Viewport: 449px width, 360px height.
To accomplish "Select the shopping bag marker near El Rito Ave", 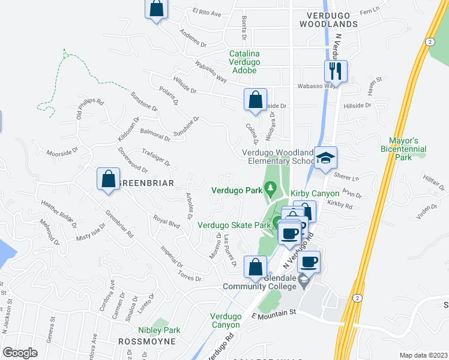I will click(157, 10).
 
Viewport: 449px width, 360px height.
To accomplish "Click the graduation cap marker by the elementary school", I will click(325, 159).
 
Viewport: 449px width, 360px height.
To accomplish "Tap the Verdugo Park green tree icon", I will click(271, 190).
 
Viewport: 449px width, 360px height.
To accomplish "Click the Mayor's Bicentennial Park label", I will click(403, 148).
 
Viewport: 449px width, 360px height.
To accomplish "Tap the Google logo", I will click(20, 352).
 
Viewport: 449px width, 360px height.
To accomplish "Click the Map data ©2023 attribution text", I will click(423, 355).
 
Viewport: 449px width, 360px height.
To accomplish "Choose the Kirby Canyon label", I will click(312, 194).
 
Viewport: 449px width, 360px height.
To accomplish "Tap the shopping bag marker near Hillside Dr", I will click(255, 101).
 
